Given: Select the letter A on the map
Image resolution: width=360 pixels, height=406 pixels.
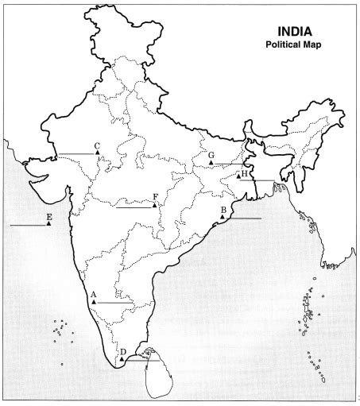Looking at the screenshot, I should [94, 294].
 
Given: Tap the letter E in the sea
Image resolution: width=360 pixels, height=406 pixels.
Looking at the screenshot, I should [49, 217].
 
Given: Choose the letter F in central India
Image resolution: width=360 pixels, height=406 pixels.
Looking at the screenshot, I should [155, 195].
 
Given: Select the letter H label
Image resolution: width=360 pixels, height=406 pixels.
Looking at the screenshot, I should [245, 172].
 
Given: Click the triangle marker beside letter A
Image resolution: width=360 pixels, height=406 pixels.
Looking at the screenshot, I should [95, 303].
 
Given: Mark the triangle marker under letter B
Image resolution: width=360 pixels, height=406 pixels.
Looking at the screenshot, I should [223, 216].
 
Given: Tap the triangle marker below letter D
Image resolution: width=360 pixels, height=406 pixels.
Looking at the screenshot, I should [122, 359].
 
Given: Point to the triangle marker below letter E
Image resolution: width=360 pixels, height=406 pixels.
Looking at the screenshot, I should [49, 225].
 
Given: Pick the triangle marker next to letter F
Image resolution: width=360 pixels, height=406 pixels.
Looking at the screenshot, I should [155, 205].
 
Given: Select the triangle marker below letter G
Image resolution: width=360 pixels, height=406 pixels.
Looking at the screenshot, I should [211, 163].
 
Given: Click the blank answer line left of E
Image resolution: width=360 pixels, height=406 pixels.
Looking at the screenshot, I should [28, 226].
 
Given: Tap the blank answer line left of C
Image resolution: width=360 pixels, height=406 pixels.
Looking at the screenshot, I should [75, 153].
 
